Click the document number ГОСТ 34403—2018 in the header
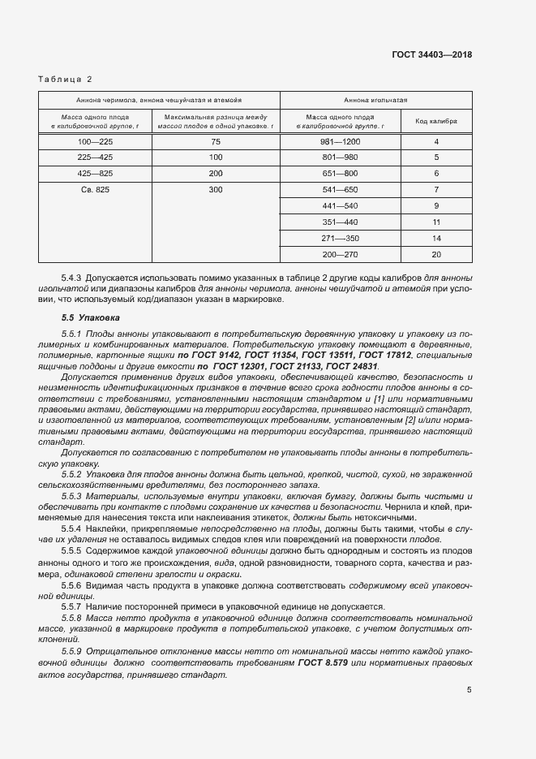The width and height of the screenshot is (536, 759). tap(432, 54)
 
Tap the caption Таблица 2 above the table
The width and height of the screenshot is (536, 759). tap(65, 79)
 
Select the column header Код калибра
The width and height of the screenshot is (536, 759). tap(436, 121)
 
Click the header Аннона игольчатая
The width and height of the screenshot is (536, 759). tap(375, 100)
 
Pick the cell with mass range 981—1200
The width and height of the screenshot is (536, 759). tap(341, 142)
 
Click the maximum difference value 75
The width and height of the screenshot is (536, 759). tap(215, 142)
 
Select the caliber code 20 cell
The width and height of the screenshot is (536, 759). tap(436, 254)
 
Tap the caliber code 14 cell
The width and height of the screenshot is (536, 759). tap(436, 238)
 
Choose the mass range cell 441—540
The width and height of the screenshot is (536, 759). tap(341, 205)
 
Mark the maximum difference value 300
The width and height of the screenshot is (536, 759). tap(215, 189)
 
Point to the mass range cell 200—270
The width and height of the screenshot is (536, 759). tap(341, 254)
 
